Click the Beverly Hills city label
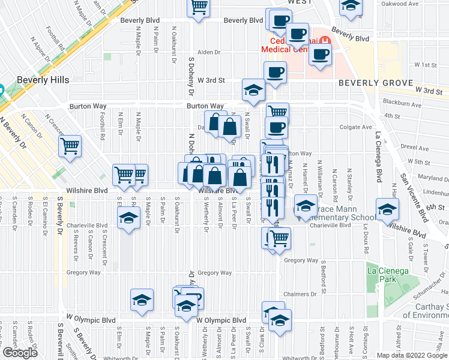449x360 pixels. click(x=43, y=79)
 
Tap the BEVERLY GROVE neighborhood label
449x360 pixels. click(x=376, y=83)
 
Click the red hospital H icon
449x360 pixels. click(x=325, y=41)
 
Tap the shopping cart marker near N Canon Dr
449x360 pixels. click(x=70, y=146)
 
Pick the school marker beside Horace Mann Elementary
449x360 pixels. click(x=306, y=207)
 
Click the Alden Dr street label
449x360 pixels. click(x=210, y=52)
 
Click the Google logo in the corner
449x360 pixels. click(x=19, y=353)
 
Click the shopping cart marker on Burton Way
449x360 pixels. click(x=277, y=112)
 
